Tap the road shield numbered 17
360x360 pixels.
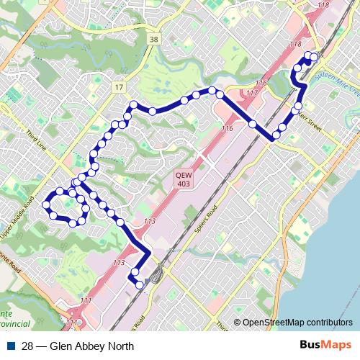[x=118, y=87]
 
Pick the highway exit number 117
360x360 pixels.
[x=251, y=93]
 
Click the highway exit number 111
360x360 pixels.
[x=86, y=300]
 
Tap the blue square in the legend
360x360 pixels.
[x=13, y=346]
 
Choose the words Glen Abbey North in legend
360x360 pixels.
[x=88, y=346]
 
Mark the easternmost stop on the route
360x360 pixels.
[x=314, y=57]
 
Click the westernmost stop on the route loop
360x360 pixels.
[x=45, y=204]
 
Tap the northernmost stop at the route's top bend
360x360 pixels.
[x=212, y=90]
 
